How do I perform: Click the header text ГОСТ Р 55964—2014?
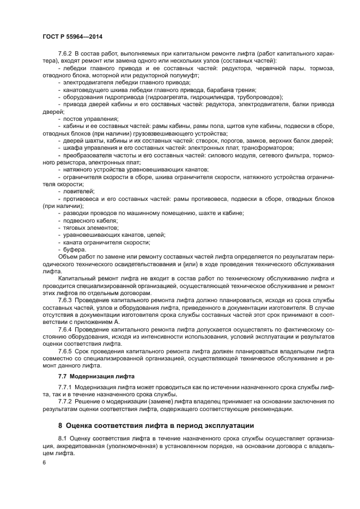(x=73, y=36)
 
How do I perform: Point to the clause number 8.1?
(x=63, y=438)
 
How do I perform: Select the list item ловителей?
(x=79, y=191)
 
